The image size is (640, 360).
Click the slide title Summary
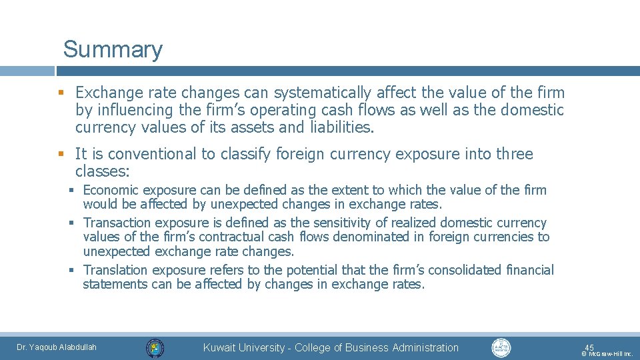tap(113, 49)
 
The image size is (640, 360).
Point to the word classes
tap(103, 171)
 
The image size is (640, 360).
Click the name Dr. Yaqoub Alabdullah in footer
tap(57, 347)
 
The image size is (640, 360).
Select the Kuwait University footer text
tap(331, 347)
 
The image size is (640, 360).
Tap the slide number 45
tap(589, 347)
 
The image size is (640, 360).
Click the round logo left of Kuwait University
tap(155, 347)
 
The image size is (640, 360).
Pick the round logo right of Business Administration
tap(501, 347)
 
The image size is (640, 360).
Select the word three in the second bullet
tap(514, 154)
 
